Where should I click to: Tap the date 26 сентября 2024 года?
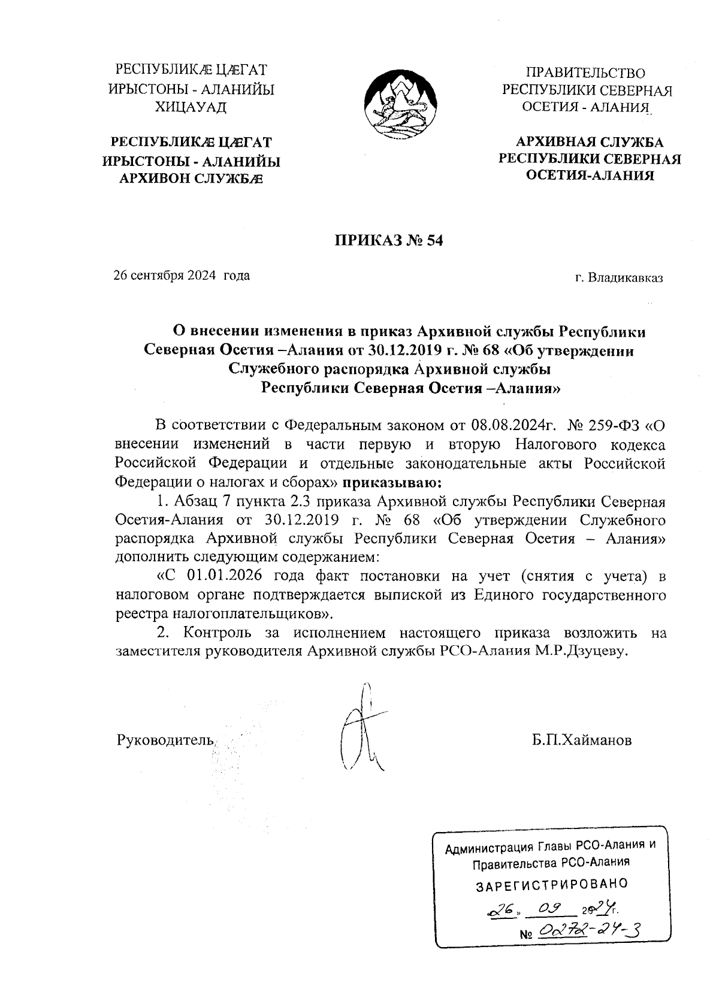(x=182, y=276)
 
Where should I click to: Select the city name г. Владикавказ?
(x=618, y=278)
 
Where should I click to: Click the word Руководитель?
(x=165, y=740)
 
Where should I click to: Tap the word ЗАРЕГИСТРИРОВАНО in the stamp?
(x=551, y=884)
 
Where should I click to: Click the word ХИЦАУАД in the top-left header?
(x=191, y=108)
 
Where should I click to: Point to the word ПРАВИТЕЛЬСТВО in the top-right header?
(x=585, y=73)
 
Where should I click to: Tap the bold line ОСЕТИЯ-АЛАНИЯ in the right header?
(x=590, y=176)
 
